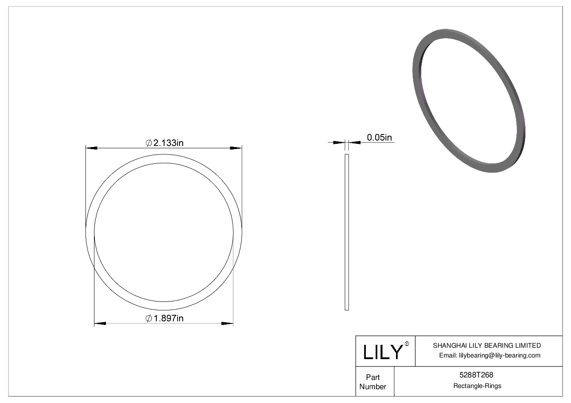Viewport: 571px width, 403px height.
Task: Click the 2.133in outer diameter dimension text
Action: [x=168, y=143]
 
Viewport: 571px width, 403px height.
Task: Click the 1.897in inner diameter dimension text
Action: [x=168, y=318]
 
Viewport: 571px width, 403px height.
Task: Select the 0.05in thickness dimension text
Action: [x=379, y=137]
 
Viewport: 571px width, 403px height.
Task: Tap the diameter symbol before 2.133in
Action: [x=149, y=143]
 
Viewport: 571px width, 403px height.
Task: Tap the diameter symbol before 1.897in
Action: [x=149, y=318]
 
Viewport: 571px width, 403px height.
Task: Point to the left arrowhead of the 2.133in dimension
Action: [x=92, y=148]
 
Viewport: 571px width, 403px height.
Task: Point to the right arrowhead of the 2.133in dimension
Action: [x=236, y=148]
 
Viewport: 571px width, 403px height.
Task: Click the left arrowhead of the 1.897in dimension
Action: [x=100, y=323]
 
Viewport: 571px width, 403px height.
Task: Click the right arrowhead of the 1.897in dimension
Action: [x=227, y=323]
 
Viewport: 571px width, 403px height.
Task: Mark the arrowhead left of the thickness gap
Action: [x=339, y=143]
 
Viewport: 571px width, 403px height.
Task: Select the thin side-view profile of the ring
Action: [x=347, y=232]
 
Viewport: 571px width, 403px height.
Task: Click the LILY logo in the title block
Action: [x=383, y=352]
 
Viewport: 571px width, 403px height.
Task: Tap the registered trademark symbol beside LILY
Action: [x=407, y=344]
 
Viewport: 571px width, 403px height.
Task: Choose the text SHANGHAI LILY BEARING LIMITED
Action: [x=487, y=345]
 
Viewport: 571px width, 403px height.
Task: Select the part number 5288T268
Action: [x=476, y=375]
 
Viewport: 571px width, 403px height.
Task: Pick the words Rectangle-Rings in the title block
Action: [x=477, y=386]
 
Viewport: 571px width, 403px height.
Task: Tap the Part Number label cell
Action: [x=373, y=382]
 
